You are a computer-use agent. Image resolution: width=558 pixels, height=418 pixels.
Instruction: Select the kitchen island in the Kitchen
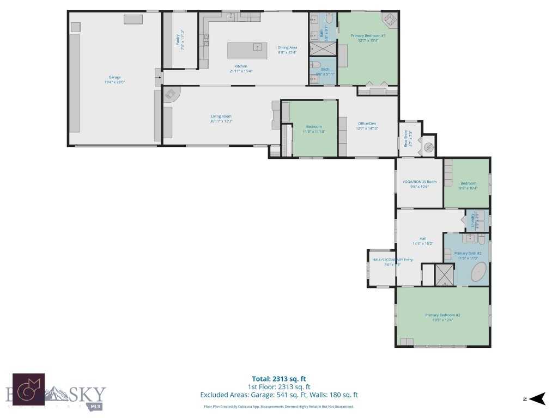[x=248, y=50]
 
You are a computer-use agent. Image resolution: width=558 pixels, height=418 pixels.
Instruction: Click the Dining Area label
[x=287, y=50]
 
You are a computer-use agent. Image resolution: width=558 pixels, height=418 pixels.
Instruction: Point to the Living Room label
[x=221, y=119]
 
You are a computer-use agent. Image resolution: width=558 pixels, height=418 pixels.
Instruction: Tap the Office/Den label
[x=366, y=126]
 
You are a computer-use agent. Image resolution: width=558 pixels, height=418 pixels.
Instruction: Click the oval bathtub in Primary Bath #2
[x=478, y=272]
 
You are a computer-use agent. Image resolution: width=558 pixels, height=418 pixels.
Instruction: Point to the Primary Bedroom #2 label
[x=442, y=317]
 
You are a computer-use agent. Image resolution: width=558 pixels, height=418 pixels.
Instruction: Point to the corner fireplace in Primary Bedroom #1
[x=390, y=20]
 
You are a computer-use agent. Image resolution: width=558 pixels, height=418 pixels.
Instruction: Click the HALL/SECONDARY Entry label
[x=392, y=262]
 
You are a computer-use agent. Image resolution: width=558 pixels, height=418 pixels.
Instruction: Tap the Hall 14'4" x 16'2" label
[x=423, y=241]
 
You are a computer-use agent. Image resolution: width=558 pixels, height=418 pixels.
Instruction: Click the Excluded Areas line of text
[x=278, y=395]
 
